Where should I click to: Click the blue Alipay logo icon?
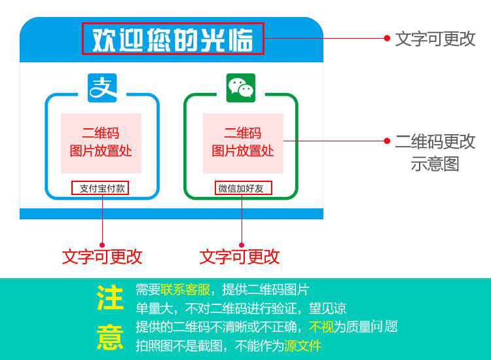coord(102,88)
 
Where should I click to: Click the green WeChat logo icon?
coord(241,88)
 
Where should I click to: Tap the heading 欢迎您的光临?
coord(173,39)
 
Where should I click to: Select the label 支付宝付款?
coord(100,189)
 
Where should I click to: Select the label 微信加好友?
coord(243,189)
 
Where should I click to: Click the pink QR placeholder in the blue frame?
coord(101,143)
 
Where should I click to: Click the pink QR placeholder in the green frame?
coord(243,143)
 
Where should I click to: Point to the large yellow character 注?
coord(110,298)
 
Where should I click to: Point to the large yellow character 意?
coord(110,336)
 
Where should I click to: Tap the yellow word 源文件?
coord(303,345)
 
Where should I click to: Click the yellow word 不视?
coord(321,327)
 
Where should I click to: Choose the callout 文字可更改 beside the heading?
coord(435,39)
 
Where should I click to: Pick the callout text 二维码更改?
coord(435,141)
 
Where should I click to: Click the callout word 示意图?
coord(435,164)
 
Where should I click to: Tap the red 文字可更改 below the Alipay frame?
coord(102,257)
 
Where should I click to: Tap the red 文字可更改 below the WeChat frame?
coord(240,257)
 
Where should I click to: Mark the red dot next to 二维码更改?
coord(387,141)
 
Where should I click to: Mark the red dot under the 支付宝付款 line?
coord(102,245)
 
